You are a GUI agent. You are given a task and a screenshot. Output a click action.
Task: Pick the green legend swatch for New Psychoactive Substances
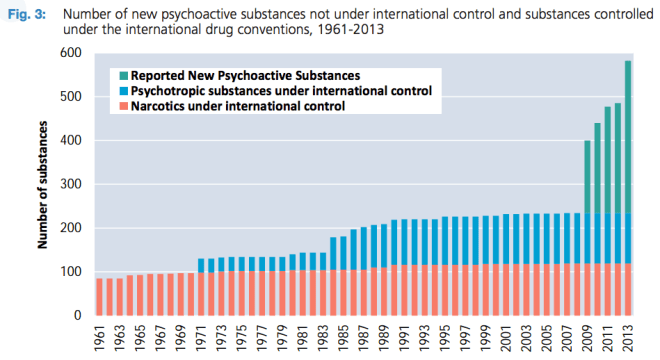123,75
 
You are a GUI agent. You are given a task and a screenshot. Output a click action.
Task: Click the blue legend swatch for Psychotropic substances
123,91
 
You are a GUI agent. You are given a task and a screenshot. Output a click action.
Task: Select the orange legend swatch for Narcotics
123,106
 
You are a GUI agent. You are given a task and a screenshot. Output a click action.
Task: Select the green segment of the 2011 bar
606,160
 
